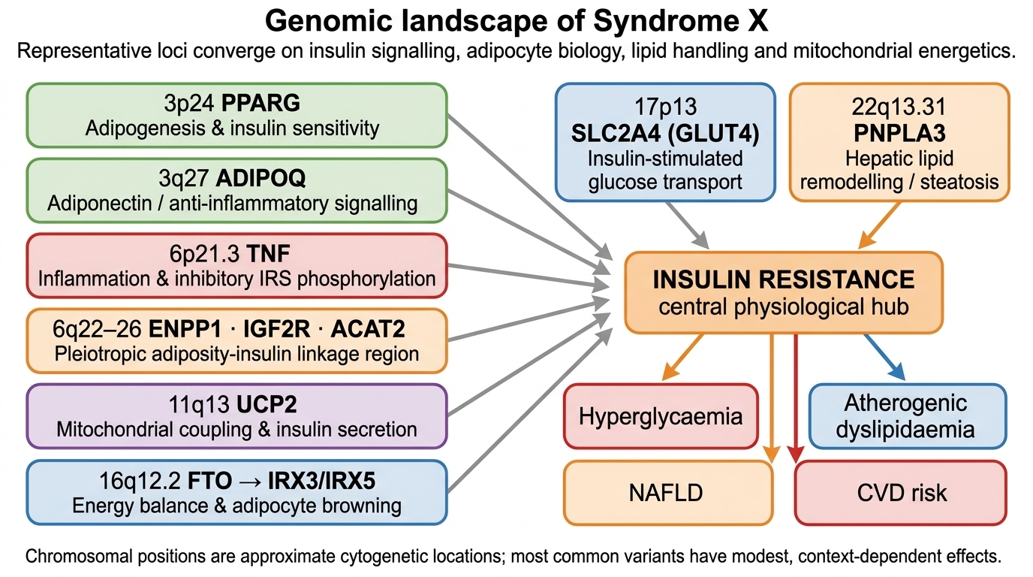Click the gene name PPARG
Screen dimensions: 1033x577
coord(261,103)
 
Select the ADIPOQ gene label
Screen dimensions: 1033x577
coord(261,178)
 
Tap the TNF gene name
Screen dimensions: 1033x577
coord(268,253)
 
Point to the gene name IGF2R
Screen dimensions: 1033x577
coord(276,328)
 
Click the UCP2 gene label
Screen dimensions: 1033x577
coord(267,404)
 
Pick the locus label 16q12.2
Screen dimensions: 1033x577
coord(140,481)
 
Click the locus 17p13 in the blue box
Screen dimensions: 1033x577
coord(665,107)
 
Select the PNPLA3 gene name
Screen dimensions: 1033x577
coord(899,133)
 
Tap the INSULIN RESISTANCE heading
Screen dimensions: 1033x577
coord(784,279)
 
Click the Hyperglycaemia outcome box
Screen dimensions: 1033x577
coord(661,416)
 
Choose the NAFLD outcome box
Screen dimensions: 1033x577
coord(667,493)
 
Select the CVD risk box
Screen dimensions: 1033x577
coord(901,493)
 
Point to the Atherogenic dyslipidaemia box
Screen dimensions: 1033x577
coord(908,416)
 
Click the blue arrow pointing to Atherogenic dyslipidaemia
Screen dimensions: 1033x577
coord(885,357)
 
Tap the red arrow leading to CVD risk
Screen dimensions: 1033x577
coord(796,398)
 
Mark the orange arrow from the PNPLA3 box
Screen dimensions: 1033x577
coord(879,225)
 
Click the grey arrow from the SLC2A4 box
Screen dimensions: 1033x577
coord(688,225)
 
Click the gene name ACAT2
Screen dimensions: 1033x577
coord(368,328)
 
